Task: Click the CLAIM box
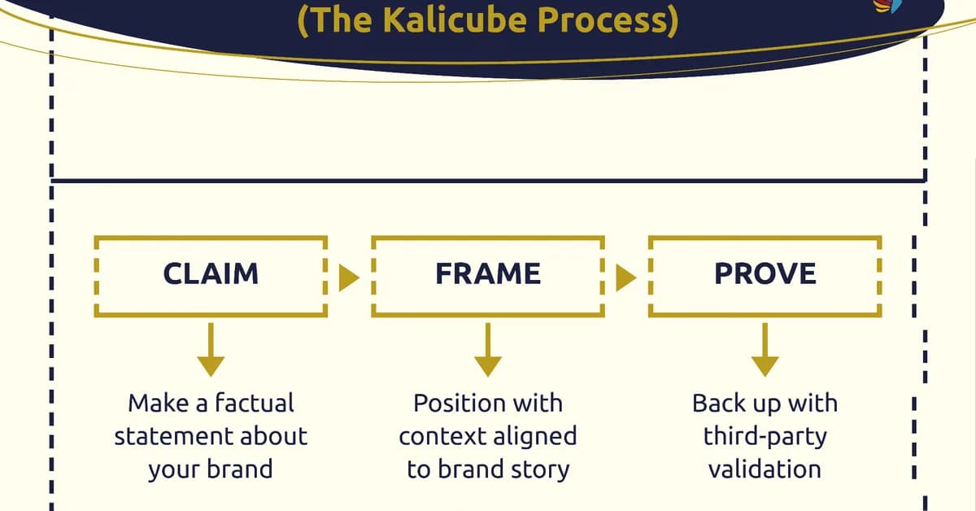click(x=211, y=275)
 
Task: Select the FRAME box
click(x=487, y=275)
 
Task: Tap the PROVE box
click(x=765, y=275)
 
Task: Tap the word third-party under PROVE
click(x=765, y=436)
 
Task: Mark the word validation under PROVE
click(x=765, y=470)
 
